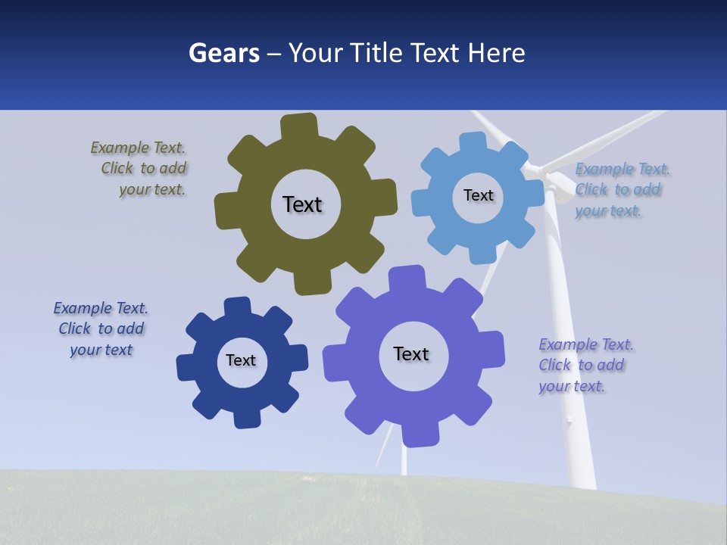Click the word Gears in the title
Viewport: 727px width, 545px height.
click(223, 53)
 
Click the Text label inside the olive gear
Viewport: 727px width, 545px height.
click(302, 204)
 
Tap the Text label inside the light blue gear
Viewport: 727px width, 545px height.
click(478, 195)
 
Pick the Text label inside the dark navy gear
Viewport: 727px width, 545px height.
click(241, 360)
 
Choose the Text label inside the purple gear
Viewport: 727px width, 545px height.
click(411, 353)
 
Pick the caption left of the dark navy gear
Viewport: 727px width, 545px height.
click(101, 329)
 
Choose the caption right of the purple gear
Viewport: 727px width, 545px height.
click(585, 365)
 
